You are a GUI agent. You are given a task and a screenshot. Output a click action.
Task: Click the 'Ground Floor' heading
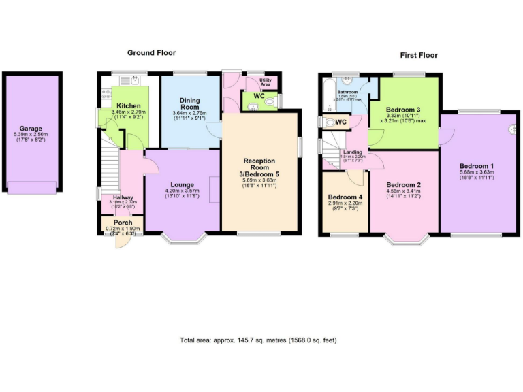[151, 52]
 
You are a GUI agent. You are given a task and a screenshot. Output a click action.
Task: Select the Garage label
[31, 127]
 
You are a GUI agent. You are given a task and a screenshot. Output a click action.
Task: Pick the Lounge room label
[182, 184]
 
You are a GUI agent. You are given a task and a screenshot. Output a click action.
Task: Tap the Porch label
[123, 223]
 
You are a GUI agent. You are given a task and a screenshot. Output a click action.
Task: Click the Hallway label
[123, 197]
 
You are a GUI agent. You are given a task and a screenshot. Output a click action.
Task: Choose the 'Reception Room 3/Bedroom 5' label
[261, 167]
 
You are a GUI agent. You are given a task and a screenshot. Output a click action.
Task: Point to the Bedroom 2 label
[403, 184]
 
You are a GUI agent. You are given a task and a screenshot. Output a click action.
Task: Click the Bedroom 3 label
[402, 110]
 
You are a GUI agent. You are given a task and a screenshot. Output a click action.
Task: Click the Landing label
[353, 152]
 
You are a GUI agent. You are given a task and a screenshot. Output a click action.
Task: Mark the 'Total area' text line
[258, 340]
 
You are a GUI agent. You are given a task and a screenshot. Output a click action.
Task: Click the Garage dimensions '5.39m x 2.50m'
[31, 134]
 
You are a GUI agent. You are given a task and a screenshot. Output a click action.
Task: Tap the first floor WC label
[340, 122]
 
